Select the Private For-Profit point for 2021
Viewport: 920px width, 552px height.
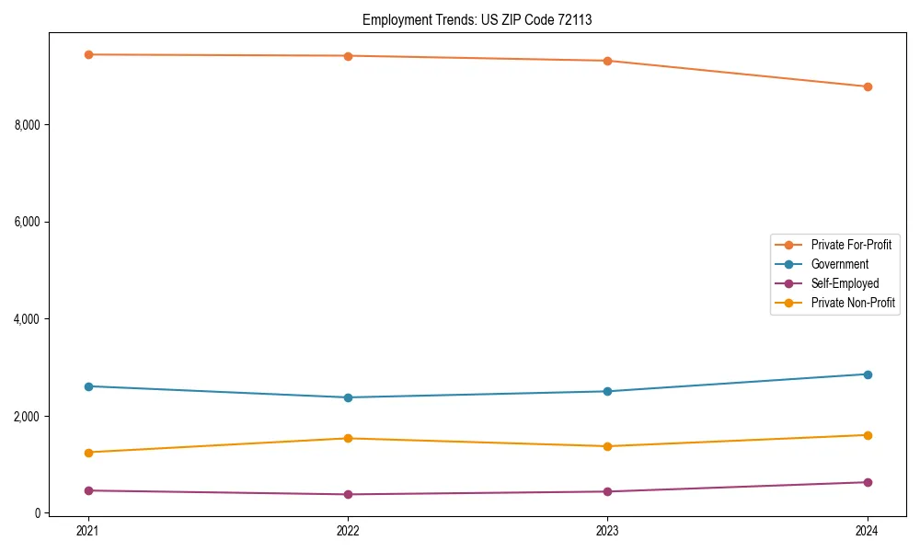[88, 54]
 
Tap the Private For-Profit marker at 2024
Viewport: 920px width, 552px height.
[868, 86]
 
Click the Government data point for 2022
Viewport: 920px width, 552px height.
[348, 397]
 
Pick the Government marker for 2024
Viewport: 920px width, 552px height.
[868, 374]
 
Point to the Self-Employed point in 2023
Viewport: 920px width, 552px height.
[607, 491]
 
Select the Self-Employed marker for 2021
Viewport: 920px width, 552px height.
[88, 490]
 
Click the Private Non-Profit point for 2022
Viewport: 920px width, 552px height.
[348, 438]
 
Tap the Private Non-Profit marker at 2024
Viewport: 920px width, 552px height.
[868, 435]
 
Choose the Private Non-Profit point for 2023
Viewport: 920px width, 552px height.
[607, 446]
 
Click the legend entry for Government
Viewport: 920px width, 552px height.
[839, 264]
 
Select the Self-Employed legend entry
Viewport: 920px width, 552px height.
[845, 283]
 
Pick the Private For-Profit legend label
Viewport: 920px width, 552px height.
[850, 245]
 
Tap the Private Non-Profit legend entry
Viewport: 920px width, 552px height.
[853, 303]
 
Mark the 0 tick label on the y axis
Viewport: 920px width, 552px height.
[40, 513]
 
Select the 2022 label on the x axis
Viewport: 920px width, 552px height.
[348, 531]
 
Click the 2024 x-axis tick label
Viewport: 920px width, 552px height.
[868, 531]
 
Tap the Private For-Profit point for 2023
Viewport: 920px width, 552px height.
[607, 61]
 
